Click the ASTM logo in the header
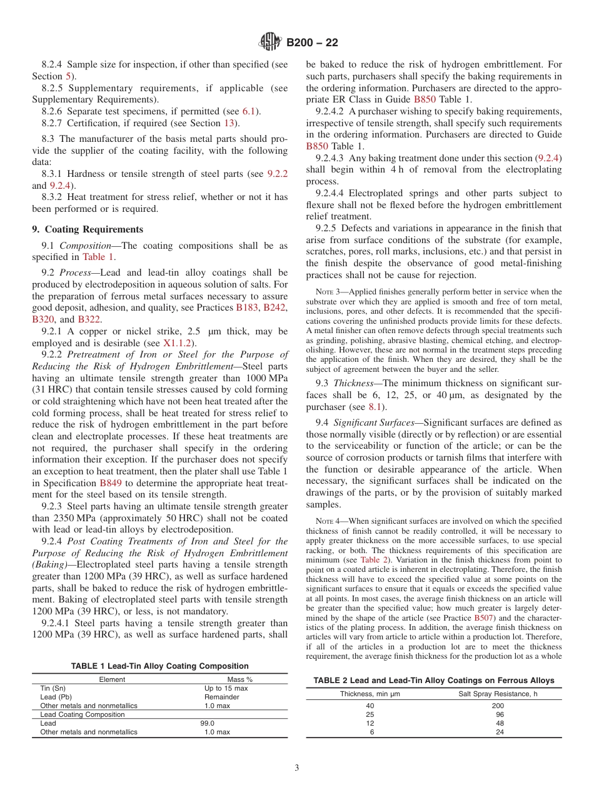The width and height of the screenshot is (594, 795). click(270, 42)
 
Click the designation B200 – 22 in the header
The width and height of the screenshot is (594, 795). click(312, 43)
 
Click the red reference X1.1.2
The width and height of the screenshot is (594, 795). click(179, 342)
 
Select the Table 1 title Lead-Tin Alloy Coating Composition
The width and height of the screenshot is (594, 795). click(159, 666)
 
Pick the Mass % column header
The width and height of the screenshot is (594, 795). click(239, 679)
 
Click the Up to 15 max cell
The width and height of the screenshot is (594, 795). click(226, 688)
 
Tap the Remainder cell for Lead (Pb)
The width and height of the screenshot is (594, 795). click(221, 697)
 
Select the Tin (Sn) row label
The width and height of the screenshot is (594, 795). click(53, 688)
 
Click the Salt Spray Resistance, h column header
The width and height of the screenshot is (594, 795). click(498, 694)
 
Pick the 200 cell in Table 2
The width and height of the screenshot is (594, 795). click(498, 706)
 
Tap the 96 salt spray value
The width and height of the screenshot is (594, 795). click(498, 714)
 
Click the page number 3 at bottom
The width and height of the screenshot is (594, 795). click(296, 768)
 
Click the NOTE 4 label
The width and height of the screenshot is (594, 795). click(328, 521)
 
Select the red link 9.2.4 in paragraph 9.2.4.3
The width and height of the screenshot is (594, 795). click(549, 158)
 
